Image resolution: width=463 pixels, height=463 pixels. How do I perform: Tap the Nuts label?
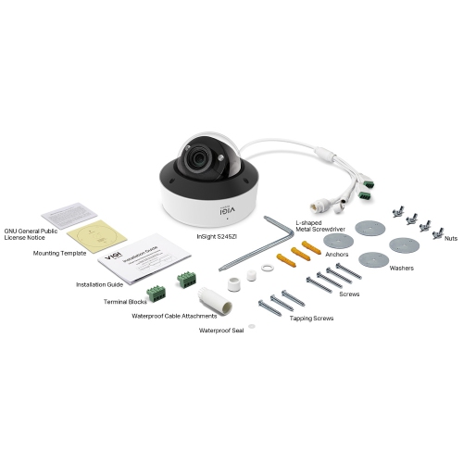[x=451, y=238]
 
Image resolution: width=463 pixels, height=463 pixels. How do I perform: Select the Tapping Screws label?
[x=313, y=318]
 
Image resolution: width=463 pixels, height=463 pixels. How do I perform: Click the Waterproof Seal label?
[x=222, y=329]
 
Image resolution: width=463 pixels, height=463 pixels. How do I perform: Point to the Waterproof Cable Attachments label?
[x=175, y=315]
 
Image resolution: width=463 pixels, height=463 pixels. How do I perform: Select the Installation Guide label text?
[x=99, y=284]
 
